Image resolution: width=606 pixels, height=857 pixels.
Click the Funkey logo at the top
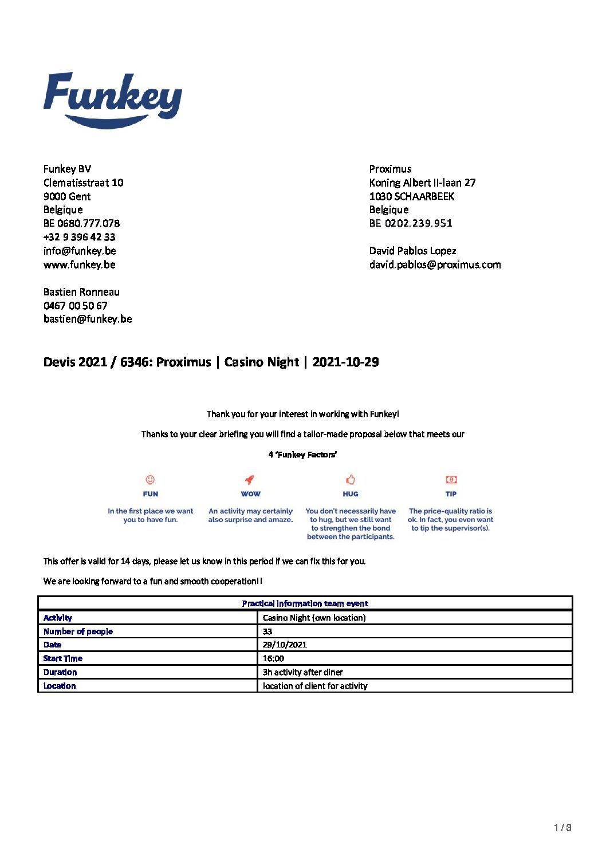click(112, 100)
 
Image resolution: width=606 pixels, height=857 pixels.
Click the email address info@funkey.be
click(80, 251)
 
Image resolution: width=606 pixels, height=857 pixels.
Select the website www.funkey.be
click(80, 264)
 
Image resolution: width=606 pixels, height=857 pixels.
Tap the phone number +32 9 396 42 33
click(80, 237)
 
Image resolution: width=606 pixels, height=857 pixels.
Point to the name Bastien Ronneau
click(81, 292)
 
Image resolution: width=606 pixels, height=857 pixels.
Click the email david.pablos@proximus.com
click(435, 264)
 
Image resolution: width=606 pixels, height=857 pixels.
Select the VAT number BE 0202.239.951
click(411, 223)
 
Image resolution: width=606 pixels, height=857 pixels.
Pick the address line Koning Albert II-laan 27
click(422, 183)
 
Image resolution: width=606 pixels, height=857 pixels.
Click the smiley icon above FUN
click(150, 480)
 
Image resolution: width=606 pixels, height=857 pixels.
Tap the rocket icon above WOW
click(250, 480)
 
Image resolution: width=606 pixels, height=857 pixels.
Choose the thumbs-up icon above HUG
click(351, 480)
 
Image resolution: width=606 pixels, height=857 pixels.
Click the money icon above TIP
click(451, 480)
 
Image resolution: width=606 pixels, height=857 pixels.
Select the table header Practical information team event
click(305, 603)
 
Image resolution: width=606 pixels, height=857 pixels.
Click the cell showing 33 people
click(267, 631)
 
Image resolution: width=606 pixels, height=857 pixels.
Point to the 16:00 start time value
click(273, 658)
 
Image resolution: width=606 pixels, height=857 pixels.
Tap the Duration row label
click(60, 672)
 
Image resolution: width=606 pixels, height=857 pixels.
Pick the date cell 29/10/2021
click(285, 645)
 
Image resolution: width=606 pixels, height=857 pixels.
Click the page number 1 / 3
click(562, 827)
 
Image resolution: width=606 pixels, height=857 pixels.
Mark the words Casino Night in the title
click(262, 362)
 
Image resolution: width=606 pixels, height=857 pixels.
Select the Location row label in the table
click(60, 686)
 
